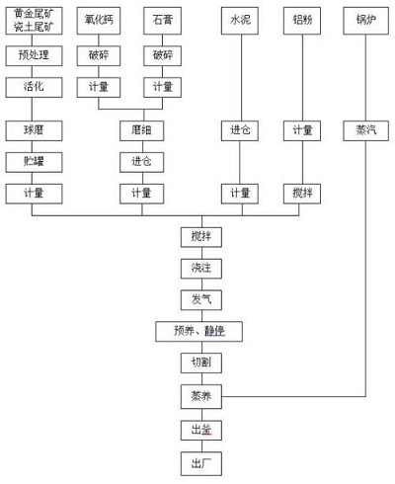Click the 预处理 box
click(34, 53)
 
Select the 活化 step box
click(34, 87)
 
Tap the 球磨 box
click(34, 130)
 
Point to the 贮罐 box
click(34, 160)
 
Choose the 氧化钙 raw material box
click(99, 20)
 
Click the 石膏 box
click(162, 20)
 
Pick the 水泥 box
click(239, 20)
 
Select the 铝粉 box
click(302, 20)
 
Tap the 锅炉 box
click(366, 20)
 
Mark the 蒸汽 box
click(366, 130)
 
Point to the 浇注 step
click(200, 268)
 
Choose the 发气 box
click(200, 299)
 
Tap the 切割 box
click(200, 363)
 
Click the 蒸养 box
click(200, 396)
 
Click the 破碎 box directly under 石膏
click(162, 53)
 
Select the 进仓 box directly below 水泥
click(239, 130)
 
